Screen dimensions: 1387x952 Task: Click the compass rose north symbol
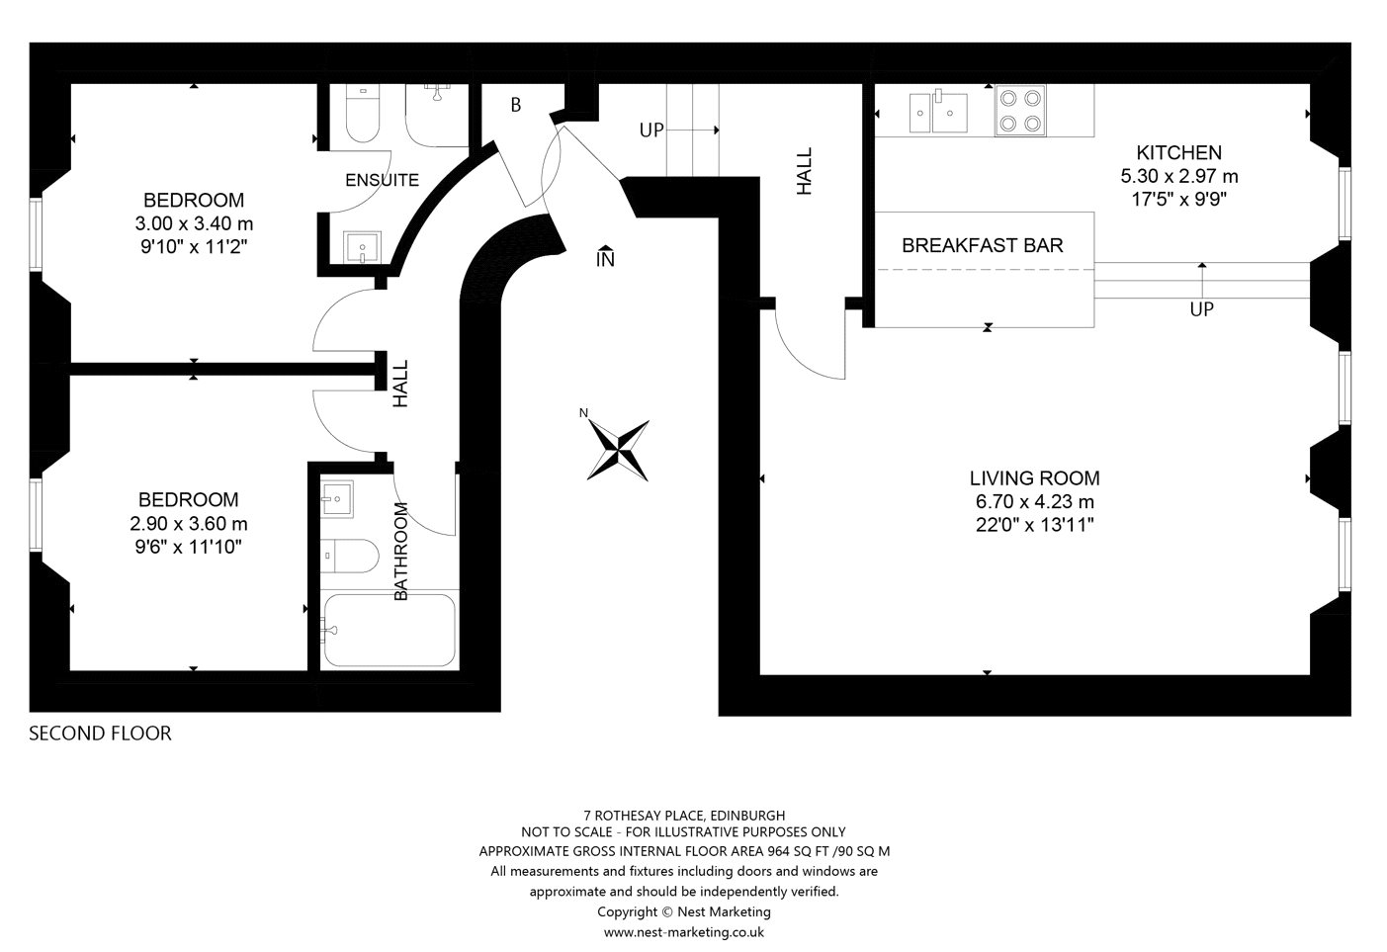coord(617,450)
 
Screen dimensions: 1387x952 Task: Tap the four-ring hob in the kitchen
coord(1020,111)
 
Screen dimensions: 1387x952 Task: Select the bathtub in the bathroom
coord(390,630)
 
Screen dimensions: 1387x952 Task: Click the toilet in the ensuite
coord(362,114)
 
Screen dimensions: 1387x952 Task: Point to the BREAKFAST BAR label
coord(982,246)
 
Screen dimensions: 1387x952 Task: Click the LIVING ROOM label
coord(1035,477)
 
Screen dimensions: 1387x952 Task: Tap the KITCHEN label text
coord(1179,152)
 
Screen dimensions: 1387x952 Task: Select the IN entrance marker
coord(605,256)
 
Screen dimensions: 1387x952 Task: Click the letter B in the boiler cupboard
coord(516,105)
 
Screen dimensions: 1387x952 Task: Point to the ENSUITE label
coord(382,180)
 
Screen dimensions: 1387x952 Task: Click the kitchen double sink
coord(938,112)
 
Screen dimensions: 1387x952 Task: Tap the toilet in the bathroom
coord(349,556)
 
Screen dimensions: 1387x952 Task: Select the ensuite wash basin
coord(362,247)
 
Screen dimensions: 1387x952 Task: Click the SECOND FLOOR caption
coord(100,733)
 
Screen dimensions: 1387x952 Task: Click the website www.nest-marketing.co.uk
coord(683,931)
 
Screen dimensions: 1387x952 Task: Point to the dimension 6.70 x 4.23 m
coord(1035,501)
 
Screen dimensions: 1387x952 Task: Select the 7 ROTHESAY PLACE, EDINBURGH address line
coord(684,816)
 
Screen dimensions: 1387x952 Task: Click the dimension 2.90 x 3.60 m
coord(188,524)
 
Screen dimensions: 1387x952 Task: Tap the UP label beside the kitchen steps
coord(1202,308)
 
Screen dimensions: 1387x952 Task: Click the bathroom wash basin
coord(337,499)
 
